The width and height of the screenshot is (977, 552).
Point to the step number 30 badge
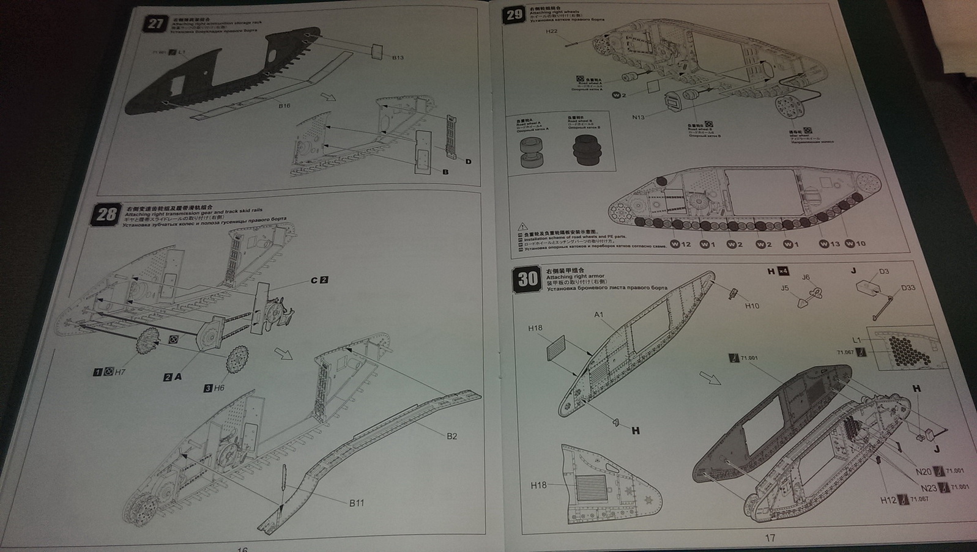pyautogui.click(x=527, y=279)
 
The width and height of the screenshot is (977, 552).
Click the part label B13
pyautogui.click(x=397, y=57)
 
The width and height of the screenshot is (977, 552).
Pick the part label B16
pyautogui.click(x=284, y=106)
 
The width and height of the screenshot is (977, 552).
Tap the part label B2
pyautogui.click(x=451, y=436)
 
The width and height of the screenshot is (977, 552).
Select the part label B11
pyautogui.click(x=357, y=502)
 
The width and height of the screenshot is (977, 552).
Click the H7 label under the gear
pyautogui.click(x=119, y=372)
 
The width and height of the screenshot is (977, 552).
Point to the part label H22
pyautogui.click(x=551, y=32)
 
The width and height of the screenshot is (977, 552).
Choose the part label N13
pyautogui.click(x=638, y=117)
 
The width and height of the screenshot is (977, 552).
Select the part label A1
pyautogui.click(x=598, y=315)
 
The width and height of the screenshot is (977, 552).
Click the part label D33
pyautogui.click(x=908, y=287)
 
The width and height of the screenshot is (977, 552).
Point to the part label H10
pyautogui.click(x=752, y=306)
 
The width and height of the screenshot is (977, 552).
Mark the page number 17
pyautogui.click(x=770, y=538)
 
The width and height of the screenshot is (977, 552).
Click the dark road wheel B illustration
pyautogui.click(x=587, y=150)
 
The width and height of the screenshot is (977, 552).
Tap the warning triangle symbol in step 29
pyautogui.click(x=522, y=227)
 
